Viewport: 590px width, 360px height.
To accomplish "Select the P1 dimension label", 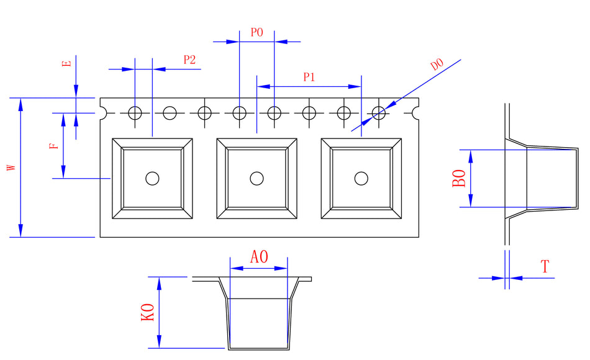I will [309, 78].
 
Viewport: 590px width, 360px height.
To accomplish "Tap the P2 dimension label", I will [189, 60].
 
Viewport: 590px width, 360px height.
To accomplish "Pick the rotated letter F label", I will [54, 146].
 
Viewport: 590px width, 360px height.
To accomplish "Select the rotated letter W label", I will [11, 168].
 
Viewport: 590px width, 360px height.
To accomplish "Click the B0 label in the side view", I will [459, 179].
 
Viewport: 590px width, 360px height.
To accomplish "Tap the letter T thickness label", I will [545, 268].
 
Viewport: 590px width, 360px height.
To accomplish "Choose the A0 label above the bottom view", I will [259, 257].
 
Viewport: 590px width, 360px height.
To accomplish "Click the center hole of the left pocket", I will [152, 179].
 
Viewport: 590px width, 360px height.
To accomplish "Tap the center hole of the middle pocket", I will [256, 179].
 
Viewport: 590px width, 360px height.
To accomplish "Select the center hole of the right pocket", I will [361, 179].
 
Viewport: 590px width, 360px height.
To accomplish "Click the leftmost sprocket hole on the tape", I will [135, 113].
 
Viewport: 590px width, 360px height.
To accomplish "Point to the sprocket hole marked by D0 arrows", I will [379, 113].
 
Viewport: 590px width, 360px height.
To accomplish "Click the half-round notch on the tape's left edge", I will [102, 113].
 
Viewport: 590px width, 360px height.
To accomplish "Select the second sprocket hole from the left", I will [170, 113].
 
